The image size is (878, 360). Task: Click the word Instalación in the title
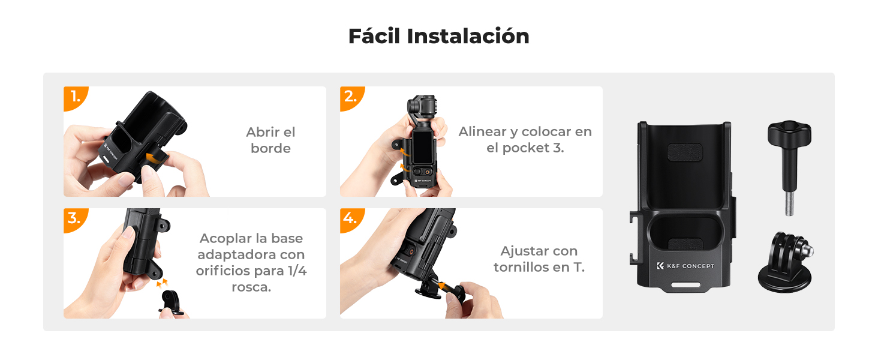(x=468, y=36)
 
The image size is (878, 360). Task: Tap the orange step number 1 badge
(x=75, y=97)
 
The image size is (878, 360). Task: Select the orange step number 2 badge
(x=351, y=97)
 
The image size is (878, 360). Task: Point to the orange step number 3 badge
(x=75, y=219)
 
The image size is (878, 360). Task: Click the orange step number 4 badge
(x=351, y=219)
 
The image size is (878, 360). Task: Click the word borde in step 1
(x=270, y=148)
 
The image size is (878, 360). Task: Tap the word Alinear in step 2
(x=483, y=132)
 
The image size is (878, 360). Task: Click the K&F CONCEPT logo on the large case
(x=685, y=266)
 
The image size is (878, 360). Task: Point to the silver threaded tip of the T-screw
(x=789, y=203)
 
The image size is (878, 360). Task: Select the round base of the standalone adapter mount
(x=784, y=279)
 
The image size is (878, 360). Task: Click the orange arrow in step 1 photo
(x=155, y=158)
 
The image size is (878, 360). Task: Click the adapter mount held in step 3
(x=172, y=302)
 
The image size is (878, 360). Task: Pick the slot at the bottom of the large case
(x=685, y=284)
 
